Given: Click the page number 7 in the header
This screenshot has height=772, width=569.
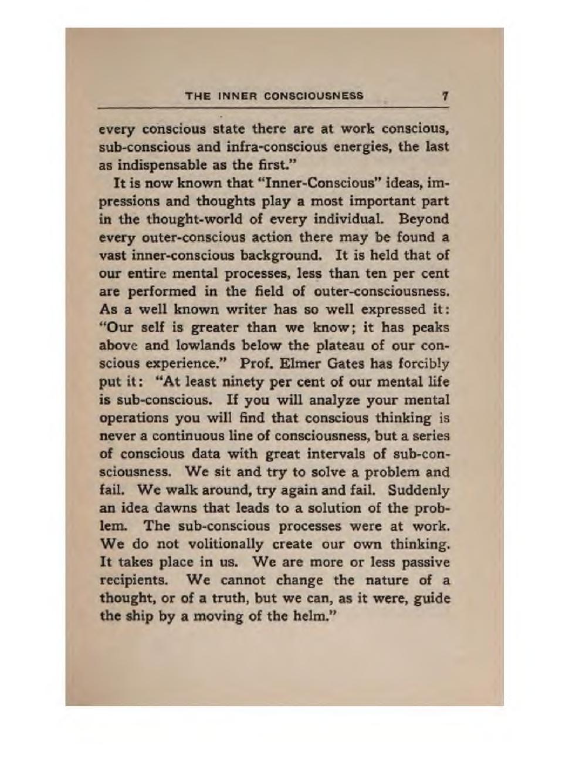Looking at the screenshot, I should [446, 96].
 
